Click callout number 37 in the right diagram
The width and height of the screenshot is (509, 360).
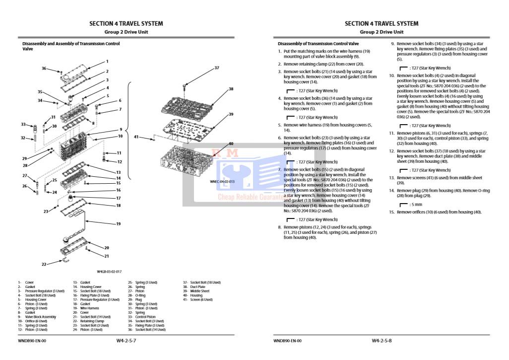216,68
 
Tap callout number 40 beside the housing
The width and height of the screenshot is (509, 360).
231,144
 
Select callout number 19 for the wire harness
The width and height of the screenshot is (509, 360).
119,224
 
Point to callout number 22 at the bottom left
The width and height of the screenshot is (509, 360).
44,264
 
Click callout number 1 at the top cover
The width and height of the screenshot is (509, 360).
107,62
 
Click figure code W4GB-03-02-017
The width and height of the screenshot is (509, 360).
109,272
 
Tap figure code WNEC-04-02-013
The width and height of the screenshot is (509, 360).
222,182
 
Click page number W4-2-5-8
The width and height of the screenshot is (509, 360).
382,341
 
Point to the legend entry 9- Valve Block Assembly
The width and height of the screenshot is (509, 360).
38,317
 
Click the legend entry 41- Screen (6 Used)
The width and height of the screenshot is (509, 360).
198,300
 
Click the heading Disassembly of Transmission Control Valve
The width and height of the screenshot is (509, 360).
318,44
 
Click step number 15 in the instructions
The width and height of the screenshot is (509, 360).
391,213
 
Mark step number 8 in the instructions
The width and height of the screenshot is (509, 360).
279,227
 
